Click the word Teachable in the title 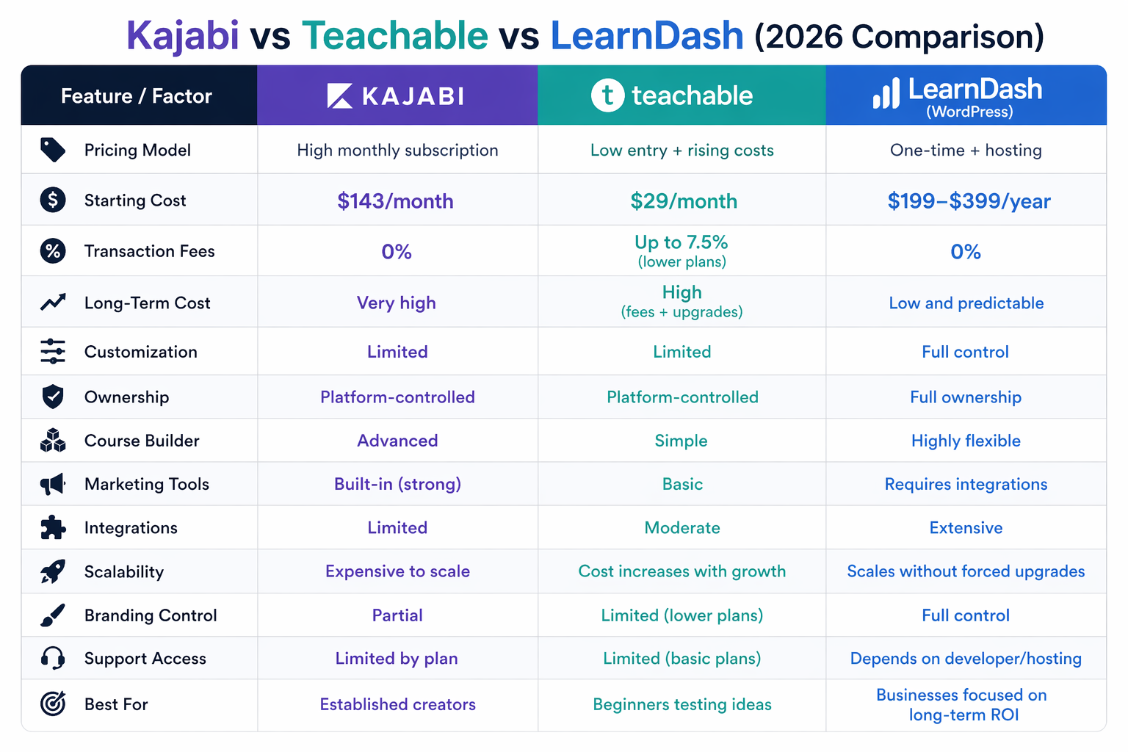[394, 36]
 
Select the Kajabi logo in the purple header [396, 95]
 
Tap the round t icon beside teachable [607, 95]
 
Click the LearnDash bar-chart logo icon [886, 94]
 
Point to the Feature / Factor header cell [137, 96]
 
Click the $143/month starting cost [395, 200]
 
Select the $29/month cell [683, 200]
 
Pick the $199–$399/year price [968, 200]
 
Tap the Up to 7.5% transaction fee [681, 242]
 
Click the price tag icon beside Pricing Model [53, 150]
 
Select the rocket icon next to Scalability [53, 571]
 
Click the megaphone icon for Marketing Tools [53, 484]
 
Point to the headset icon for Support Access [53, 658]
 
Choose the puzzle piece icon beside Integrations [53, 527]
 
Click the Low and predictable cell [966, 303]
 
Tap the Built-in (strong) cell [397, 484]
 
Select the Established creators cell [397, 704]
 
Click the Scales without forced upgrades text [966, 571]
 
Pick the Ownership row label [126, 397]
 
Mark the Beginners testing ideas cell [681, 704]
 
